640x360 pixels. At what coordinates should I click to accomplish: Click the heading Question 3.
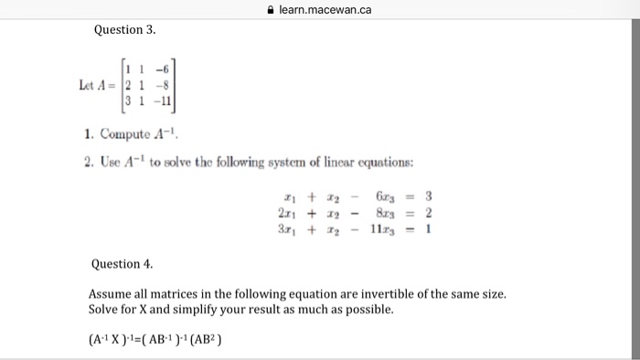pos(124,30)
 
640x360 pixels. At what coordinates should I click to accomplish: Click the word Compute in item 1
pos(124,135)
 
